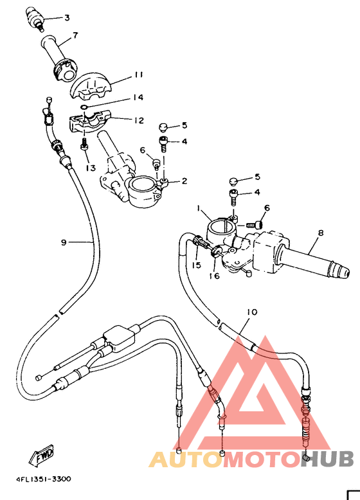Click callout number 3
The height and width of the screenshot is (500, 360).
click(67, 17)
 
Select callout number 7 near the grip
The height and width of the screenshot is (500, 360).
click(75, 35)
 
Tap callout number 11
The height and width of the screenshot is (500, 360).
click(138, 75)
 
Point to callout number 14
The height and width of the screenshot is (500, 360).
click(138, 98)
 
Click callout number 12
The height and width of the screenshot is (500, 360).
click(139, 120)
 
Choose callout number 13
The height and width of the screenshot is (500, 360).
click(89, 168)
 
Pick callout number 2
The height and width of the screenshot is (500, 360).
click(184, 181)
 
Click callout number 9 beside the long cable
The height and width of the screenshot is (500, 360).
click(64, 242)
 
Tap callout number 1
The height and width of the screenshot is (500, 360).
click(199, 209)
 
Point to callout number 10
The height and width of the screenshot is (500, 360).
click(251, 312)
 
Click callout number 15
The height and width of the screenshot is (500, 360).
click(195, 265)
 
